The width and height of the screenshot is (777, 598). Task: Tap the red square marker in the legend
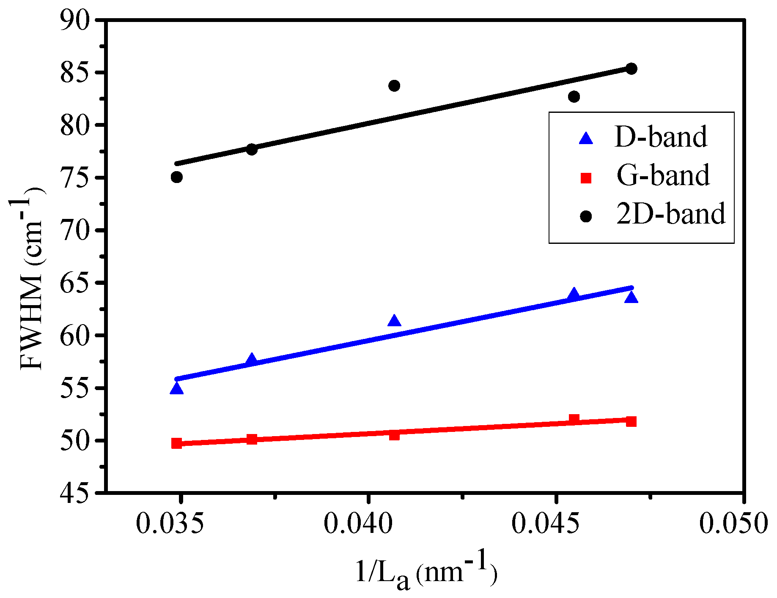coord(586,178)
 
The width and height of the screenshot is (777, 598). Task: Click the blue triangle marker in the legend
coord(586,139)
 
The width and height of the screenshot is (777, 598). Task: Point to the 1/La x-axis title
coord(425,573)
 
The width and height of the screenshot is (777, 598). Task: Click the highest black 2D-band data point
coord(631,68)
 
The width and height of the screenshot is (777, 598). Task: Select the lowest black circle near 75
coord(177,177)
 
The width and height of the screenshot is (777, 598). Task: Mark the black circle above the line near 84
coord(394,86)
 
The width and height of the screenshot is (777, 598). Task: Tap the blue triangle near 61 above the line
coord(394,321)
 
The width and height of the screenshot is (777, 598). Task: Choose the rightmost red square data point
coord(631,421)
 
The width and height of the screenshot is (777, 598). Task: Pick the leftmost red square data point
coord(177,443)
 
